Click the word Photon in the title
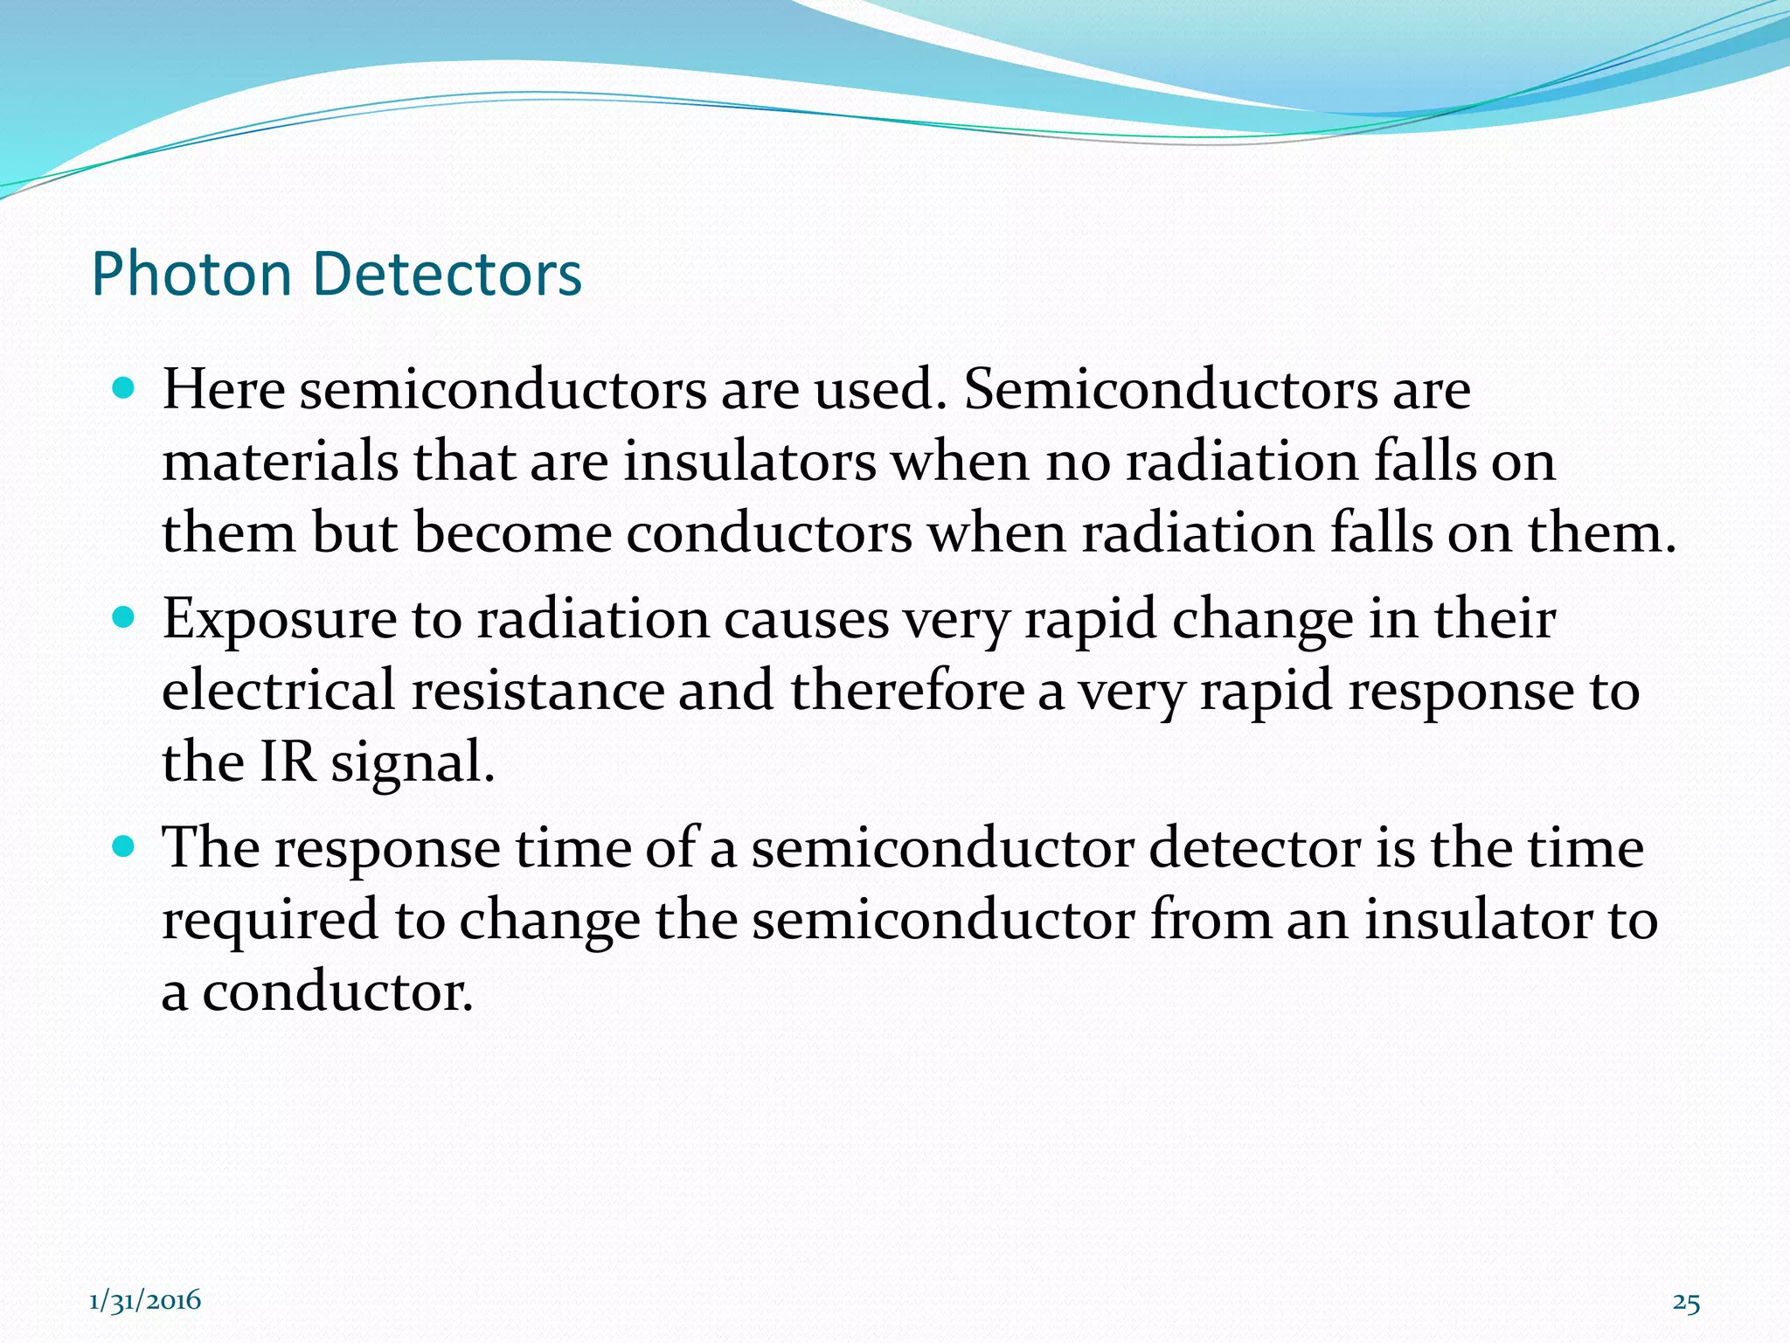[x=191, y=275]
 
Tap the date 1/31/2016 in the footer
[x=145, y=1301]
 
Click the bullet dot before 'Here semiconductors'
[x=124, y=387]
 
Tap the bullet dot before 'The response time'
[x=124, y=846]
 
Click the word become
[x=513, y=533]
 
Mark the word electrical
[x=279, y=691]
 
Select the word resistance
[x=538, y=691]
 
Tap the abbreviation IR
[x=288, y=762]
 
